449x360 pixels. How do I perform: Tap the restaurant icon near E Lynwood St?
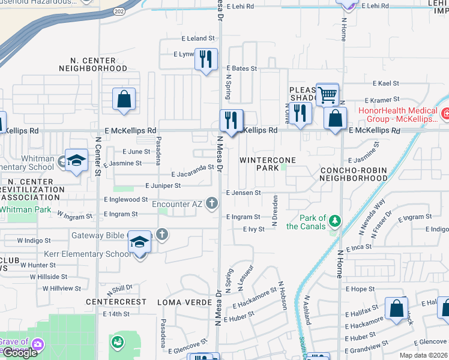point(206,59)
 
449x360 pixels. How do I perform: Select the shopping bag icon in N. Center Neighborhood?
point(124,99)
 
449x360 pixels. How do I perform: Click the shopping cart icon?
point(327,94)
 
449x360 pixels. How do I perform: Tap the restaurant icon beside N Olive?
point(300,113)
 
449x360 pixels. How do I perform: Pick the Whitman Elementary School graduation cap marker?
point(76,160)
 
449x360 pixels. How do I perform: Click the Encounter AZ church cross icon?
point(211,204)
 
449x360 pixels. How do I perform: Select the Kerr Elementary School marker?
point(140,243)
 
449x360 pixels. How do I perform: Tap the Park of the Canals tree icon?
point(334,222)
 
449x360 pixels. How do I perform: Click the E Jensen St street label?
point(243,193)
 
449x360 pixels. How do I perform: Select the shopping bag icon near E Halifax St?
point(397,309)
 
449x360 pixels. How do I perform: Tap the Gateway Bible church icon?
point(161,235)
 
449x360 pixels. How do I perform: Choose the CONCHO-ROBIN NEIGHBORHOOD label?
point(354,174)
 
